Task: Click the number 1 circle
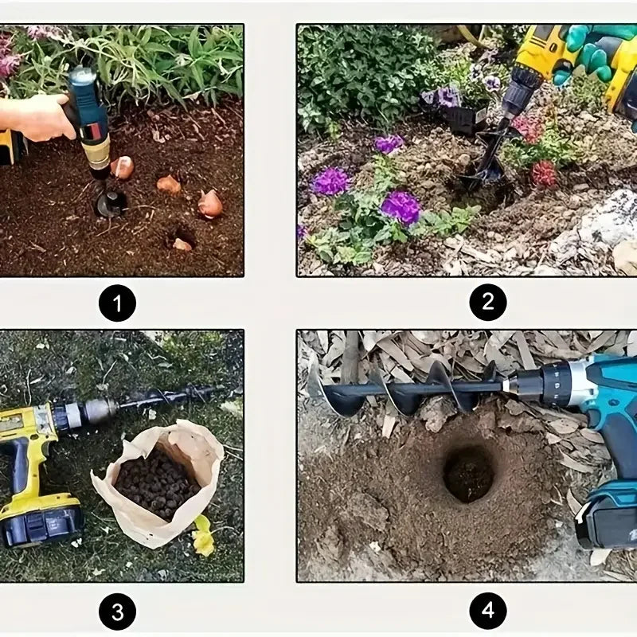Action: click(117, 303)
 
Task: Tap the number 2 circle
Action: click(488, 303)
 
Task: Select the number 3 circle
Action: click(117, 612)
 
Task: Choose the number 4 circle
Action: click(488, 612)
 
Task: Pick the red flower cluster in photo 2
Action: click(544, 173)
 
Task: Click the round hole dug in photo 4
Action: click(469, 473)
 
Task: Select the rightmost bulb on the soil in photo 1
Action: click(210, 204)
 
